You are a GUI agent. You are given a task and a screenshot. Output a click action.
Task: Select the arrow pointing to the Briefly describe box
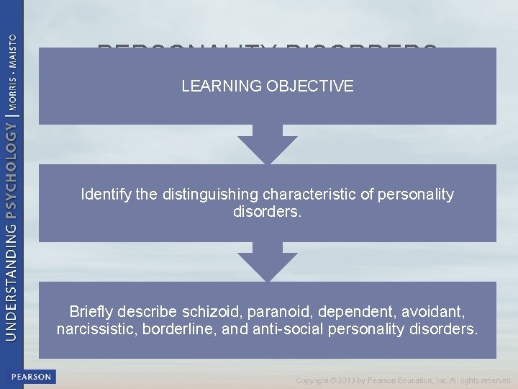pos(267,263)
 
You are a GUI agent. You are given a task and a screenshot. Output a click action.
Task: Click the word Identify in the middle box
pos(104,194)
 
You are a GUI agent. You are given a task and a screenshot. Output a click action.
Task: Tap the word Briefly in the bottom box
pos(94,312)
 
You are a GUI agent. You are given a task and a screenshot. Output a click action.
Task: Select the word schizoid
pos(212,312)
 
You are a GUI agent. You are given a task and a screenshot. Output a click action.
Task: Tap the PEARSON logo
pos(31,377)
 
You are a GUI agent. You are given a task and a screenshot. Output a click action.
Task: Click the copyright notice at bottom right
pos(403,380)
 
